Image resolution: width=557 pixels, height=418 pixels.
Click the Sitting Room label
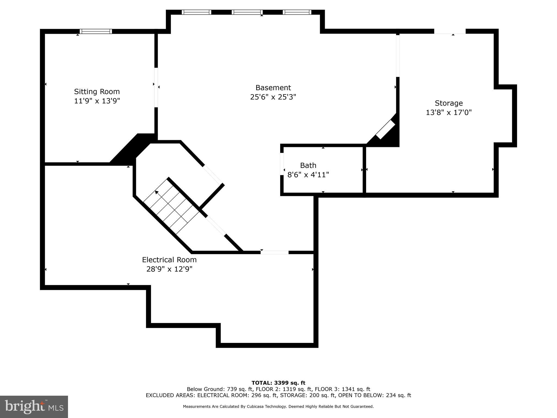(x=97, y=91)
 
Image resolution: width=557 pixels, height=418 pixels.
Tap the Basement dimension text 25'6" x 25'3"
(x=273, y=97)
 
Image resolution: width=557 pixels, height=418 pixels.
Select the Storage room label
(x=448, y=103)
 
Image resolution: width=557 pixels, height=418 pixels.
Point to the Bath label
(x=308, y=165)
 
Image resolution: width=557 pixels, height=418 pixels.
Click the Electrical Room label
(x=169, y=260)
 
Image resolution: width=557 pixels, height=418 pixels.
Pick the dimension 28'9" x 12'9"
(x=169, y=269)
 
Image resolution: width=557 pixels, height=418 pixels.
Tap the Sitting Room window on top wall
(x=96, y=31)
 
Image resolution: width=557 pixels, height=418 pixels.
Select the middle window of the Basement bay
(x=247, y=12)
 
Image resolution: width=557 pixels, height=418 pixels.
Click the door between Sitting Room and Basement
(x=156, y=87)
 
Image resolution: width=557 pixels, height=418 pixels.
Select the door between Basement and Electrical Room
(x=274, y=252)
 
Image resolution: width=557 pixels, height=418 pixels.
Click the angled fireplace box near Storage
(x=385, y=130)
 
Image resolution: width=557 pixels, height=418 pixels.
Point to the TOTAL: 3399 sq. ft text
(x=278, y=383)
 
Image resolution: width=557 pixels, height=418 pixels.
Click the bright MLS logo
(x=34, y=407)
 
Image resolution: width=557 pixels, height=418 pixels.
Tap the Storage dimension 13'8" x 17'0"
(x=448, y=112)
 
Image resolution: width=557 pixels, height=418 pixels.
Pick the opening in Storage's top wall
(x=450, y=32)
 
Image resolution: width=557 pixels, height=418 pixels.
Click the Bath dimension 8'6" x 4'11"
(x=308, y=175)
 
